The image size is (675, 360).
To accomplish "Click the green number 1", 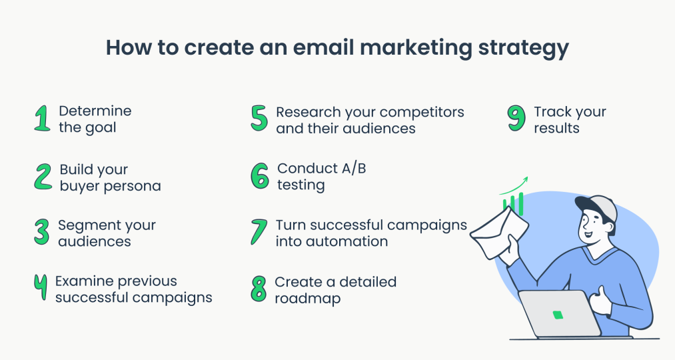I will click(42, 119).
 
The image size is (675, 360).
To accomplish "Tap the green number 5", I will click(259, 119).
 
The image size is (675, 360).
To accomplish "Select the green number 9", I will click(516, 119).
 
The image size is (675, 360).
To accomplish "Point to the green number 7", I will click(259, 232).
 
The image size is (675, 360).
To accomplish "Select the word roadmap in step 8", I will click(307, 299).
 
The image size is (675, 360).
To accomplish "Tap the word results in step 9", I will click(556, 128).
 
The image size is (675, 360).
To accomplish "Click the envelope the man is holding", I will click(500, 230).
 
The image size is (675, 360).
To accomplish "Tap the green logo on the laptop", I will click(558, 314).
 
